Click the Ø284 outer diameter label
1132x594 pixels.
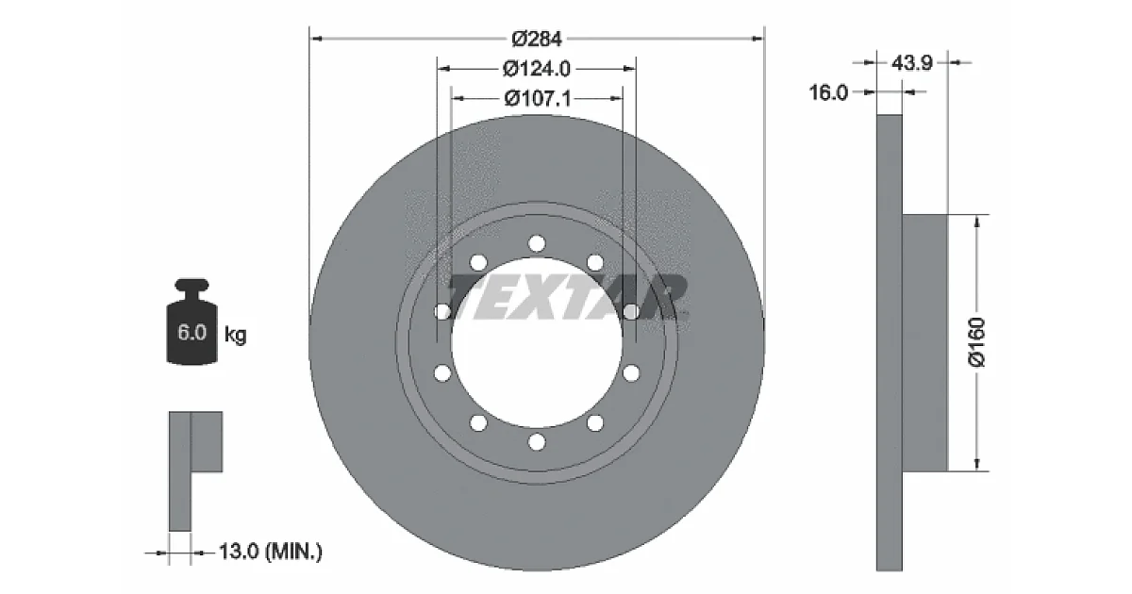pyautogui.click(x=536, y=39)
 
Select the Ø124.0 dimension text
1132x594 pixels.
pyautogui.click(x=536, y=69)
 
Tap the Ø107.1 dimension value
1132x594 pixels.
pyautogui.click(x=537, y=98)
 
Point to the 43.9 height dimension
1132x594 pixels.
pyautogui.click(x=911, y=63)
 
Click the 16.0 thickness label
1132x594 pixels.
pyautogui.click(x=828, y=92)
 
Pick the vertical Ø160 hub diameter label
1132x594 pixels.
pyautogui.click(x=976, y=342)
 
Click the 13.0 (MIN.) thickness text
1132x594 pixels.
pyautogui.click(x=271, y=551)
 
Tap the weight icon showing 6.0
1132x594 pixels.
pyautogui.click(x=192, y=322)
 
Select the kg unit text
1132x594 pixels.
pyautogui.click(x=236, y=335)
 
